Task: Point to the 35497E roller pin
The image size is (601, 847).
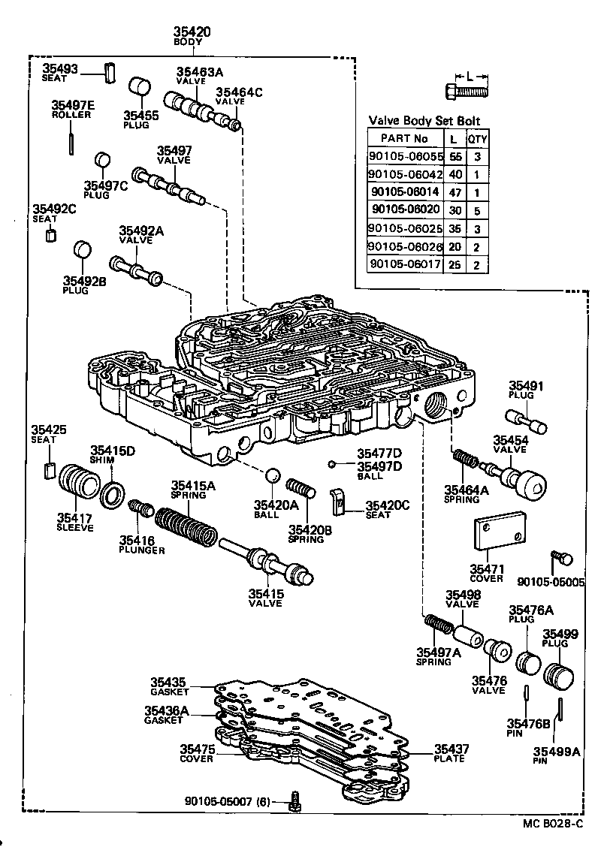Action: pos(71,140)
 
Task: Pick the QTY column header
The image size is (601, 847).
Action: pos(477,139)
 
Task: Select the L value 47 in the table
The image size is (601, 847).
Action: pos(454,192)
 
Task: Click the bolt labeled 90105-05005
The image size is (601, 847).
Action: pos(561,558)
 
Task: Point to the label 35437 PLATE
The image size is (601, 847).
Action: pos(450,753)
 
